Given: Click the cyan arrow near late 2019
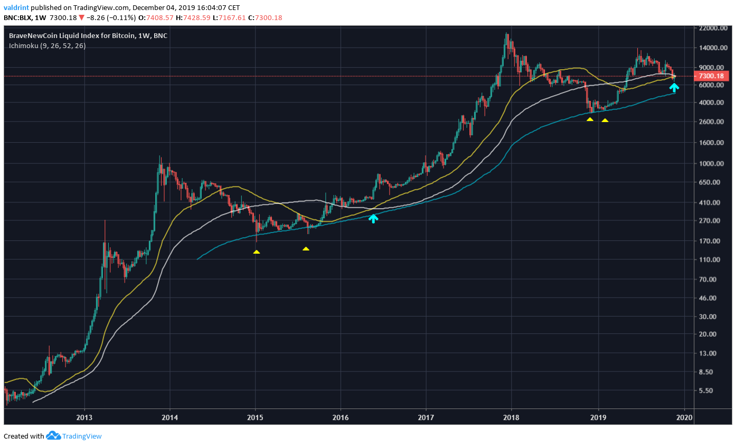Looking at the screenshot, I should (x=674, y=87).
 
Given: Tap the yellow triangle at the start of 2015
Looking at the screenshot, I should (x=256, y=252).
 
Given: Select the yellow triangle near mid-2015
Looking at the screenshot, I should (x=306, y=248).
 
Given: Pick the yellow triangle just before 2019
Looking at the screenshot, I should (x=590, y=119).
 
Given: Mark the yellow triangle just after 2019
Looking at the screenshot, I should (x=605, y=120).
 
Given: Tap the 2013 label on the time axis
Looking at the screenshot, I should (x=84, y=416).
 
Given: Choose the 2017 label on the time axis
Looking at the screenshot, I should (x=426, y=416).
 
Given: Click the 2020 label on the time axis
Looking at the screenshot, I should (x=684, y=416).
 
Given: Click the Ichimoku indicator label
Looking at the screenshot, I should (x=46, y=46).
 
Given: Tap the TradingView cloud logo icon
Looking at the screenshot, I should (x=53, y=436).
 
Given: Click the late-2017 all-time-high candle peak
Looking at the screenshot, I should (x=506, y=34).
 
